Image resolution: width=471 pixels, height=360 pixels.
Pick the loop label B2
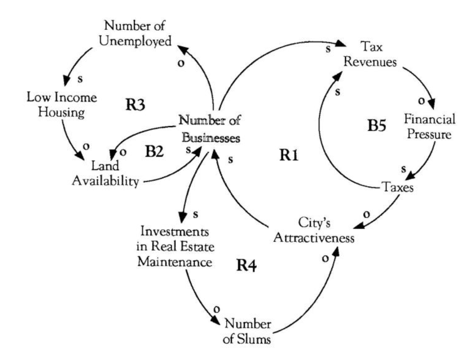pyautogui.click(x=154, y=151)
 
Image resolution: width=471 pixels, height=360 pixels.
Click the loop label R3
pyautogui.click(x=135, y=105)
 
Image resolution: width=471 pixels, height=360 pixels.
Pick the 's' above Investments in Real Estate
pyautogui.click(x=196, y=214)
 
